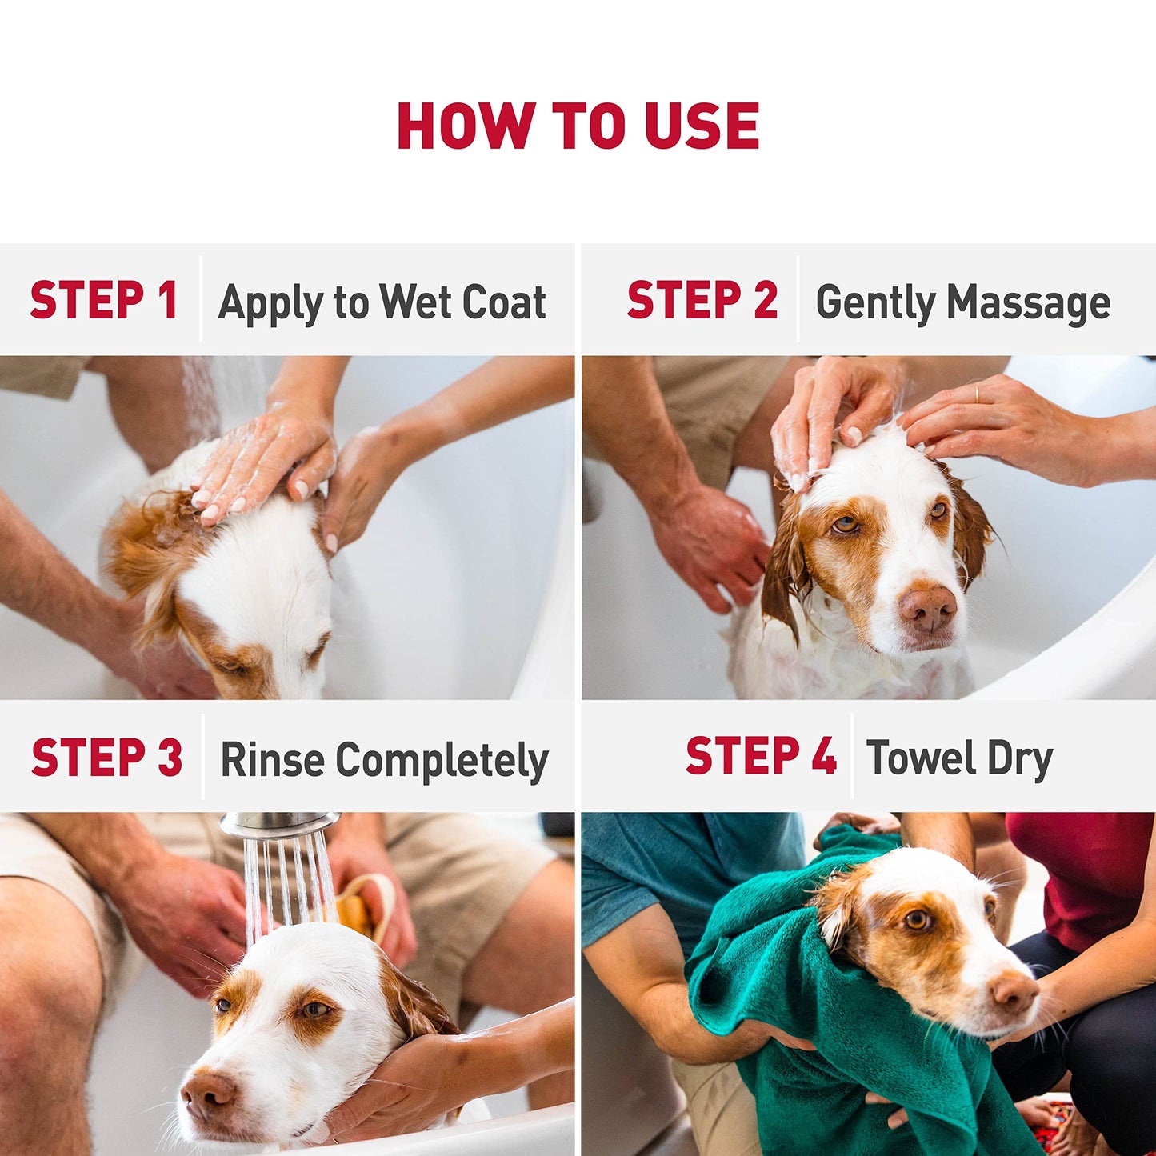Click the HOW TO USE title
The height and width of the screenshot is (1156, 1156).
click(x=578, y=126)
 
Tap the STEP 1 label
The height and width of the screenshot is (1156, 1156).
click(x=103, y=301)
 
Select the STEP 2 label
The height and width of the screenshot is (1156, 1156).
click(x=702, y=301)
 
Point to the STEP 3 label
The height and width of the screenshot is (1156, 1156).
click(x=106, y=758)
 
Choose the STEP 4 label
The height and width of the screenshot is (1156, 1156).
click(x=760, y=757)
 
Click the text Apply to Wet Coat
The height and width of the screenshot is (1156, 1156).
click(x=382, y=303)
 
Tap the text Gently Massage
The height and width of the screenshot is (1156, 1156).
click(x=962, y=303)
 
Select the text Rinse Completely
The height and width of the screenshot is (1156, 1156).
click(x=384, y=760)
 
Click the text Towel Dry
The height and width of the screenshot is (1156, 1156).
click(x=959, y=759)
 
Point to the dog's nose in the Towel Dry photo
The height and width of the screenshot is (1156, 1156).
click(x=1014, y=992)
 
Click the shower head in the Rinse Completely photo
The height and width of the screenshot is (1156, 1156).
click(x=278, y=826)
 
